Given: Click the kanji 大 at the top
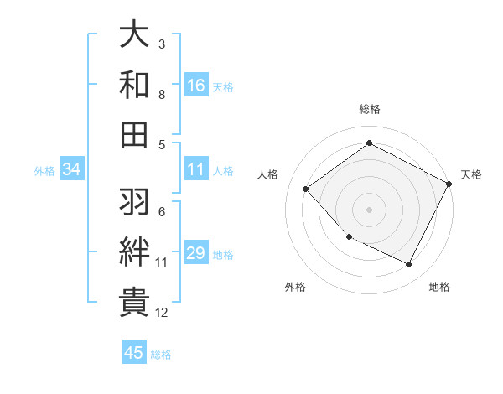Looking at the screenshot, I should (x=135, y=36).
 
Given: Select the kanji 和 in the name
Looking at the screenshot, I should (x=135, y=85).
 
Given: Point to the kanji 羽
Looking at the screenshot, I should (x=135, y=202).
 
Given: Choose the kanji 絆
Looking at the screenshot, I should (x=135, y=251).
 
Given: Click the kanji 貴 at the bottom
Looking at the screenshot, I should (x=135, y=302).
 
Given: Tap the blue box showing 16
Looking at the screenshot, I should (x=196, y=86).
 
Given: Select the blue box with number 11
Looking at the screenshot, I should (x=196, y=169).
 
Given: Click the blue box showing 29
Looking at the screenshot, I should (x=196, y=253).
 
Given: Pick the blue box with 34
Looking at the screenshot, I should (x=72, y=169).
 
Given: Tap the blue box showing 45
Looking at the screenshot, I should (x=134, y=353).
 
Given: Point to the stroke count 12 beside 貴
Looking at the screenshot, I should (x=162, y=314).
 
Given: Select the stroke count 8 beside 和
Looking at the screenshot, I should (x=162, y=95).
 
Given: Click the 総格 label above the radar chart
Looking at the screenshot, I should (x=369, y=109).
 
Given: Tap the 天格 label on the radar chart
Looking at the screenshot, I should (x=471, y=174).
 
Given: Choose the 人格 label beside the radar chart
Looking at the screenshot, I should (x=268, y=174).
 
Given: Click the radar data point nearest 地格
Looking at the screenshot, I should (x=409, y=265).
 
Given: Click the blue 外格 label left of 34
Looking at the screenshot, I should (x=44, y=170).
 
